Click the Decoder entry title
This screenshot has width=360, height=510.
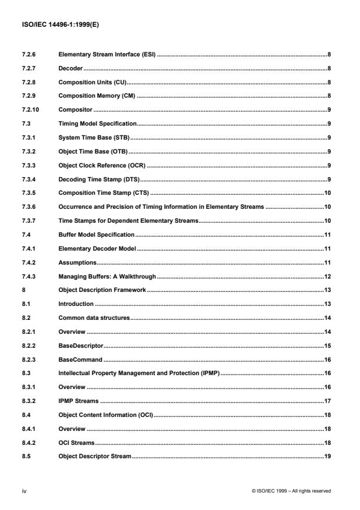70,69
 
